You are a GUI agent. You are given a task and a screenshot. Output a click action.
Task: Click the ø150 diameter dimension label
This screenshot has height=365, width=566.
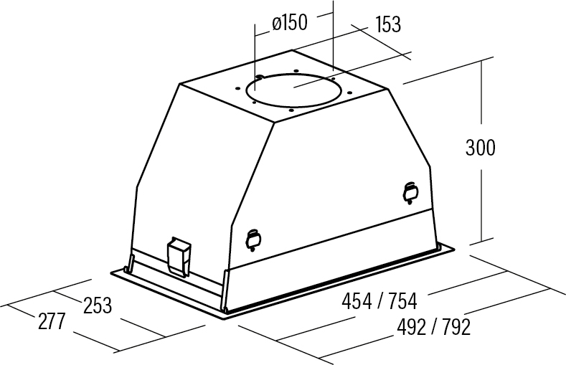pos(290,23)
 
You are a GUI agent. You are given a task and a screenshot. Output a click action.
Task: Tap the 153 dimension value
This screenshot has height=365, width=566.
pos(388,24)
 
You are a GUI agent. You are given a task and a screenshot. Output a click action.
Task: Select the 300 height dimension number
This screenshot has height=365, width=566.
pos(481,148)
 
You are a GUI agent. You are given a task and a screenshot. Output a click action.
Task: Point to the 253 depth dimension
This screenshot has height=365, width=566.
pos(98,305)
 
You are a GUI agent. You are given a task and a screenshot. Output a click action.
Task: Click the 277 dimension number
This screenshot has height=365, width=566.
pos(52,321)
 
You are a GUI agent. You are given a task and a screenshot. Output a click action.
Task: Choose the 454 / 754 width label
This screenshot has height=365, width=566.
pos(379,301)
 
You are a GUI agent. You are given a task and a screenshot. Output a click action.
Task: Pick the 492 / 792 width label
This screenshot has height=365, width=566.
pos(433,327)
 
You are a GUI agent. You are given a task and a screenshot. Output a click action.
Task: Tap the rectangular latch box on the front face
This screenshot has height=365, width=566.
pos(179,257)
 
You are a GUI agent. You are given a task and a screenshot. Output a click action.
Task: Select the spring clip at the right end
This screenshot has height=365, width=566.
pos(410,193)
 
